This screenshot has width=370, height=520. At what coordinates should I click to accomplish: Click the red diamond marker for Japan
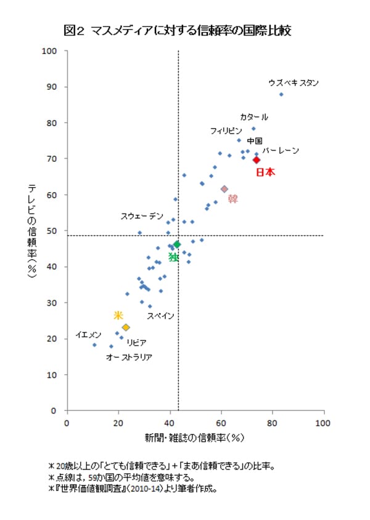pyautogui.click(x=257, y=160)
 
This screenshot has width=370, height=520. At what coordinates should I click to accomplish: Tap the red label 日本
pyautogui.click(x=265, y=172)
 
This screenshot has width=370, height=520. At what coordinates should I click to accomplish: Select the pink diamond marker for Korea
pyautogui.click(x=224, y=189)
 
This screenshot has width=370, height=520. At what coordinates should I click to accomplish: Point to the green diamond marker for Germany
pyautogui.click(x=177, y=244)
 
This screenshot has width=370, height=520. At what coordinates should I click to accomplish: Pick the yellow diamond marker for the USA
pyautogui.click(x=126, y=327)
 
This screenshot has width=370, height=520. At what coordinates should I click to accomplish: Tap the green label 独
pyautogui.click(x=173, y=257)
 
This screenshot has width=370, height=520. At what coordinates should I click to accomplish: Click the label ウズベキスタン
pyautogui.click(x=294, y=82)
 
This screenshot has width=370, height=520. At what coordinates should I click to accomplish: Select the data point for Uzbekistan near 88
pyautogui.click(x=281, y=94)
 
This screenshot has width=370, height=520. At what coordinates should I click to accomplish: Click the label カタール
pyautogui.click(x=254, y=117)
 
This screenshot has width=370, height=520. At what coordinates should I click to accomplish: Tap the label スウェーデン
pyautogui.click(x=142, y=216)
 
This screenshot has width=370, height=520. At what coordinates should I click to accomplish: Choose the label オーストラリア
pyautogui.click(x=129, y=357)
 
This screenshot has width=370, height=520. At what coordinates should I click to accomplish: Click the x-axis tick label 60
pyautogui.click(x=220, y=423)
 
